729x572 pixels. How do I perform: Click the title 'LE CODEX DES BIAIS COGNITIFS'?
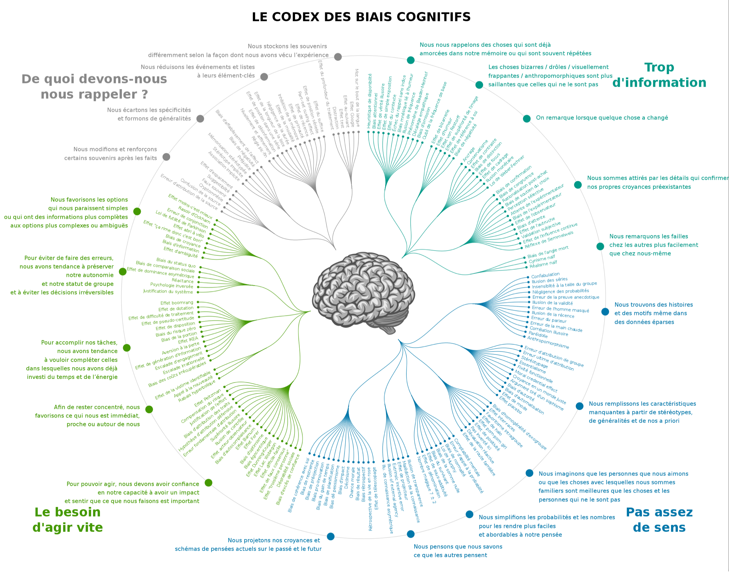361,17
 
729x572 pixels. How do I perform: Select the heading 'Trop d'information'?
659,75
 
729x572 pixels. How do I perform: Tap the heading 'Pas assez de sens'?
659,520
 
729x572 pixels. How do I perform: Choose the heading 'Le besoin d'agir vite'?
68,520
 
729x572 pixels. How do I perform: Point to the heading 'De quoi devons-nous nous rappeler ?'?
94,87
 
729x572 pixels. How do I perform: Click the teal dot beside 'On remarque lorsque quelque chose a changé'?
527,118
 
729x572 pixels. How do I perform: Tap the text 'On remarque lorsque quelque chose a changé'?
602,118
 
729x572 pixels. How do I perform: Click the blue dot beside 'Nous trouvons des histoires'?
605,312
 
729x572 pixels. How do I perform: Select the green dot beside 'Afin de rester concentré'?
149,409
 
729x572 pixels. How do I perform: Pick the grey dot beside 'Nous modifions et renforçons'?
166,157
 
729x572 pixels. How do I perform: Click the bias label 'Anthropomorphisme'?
548,343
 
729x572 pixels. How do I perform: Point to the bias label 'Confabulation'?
545,275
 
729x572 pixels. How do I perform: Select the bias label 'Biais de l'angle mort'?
548,252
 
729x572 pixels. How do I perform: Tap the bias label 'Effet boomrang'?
177,303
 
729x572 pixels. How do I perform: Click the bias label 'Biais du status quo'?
176,263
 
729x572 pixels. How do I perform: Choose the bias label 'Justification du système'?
168,291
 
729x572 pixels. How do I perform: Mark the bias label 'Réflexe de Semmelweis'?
549,240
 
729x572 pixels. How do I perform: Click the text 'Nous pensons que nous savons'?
458,546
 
